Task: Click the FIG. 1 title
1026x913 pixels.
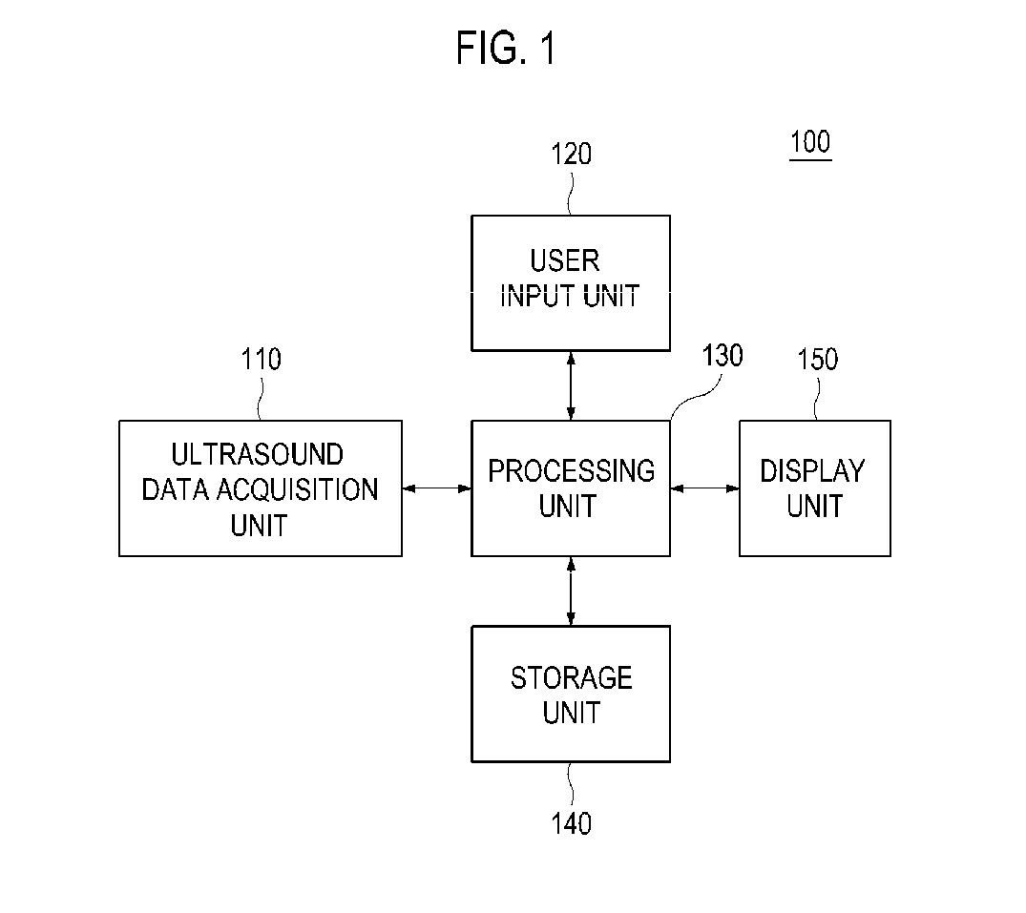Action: [506, 48]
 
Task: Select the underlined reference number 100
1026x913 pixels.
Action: [810, 142]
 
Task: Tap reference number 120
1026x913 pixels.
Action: [572, 155]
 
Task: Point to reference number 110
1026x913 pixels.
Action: [262, 359]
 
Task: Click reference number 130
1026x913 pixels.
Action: [722, 356]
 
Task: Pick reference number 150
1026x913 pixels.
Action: [817, 359]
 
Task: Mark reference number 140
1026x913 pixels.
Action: [572, 823]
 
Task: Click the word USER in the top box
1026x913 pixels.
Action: [565, 261]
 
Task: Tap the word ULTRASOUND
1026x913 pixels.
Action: [257, 454]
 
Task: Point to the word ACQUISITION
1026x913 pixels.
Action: [297, 489]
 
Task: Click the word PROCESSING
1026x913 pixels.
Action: [572, 471]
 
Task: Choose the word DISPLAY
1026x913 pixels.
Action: [812, 471]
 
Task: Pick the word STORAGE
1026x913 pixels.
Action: [572, 678]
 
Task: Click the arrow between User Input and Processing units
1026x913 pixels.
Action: [572, 385]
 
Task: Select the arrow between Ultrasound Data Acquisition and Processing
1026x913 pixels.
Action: [436, 488]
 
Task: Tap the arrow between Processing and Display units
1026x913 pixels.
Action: [704, 488]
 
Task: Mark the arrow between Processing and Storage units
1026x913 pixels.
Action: [572, 591]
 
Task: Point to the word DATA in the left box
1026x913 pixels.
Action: [175, 489]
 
